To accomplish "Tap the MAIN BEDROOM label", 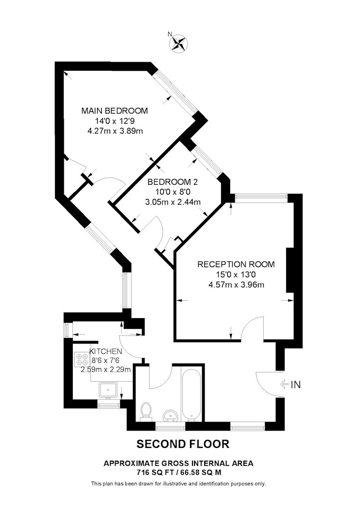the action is pos(114,110).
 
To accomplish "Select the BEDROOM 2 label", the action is pos(173,182).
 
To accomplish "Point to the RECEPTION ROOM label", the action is pos(236,264).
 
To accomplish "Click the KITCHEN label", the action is pos(106,351).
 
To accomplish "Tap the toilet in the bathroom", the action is pos(146,412).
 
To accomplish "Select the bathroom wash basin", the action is pos(171,415).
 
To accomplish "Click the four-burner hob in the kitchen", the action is pos(81,359).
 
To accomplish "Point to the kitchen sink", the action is pos(108,390).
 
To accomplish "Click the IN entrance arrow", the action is pos(285,385).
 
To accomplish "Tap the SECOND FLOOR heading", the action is pos(183,444).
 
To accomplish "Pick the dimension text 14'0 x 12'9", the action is pos(112,121).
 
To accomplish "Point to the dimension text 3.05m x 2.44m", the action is pos(173,202).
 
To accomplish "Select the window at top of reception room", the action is pos(261,198).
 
